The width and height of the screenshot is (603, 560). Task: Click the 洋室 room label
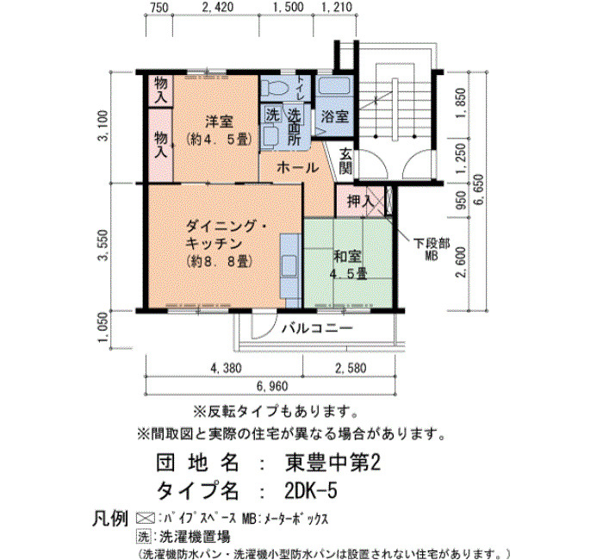click(219, 122)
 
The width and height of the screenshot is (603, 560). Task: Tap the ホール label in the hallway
click(298, 168)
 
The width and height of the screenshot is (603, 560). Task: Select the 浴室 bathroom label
click(334, 116)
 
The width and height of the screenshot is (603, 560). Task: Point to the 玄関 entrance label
click(345, 160)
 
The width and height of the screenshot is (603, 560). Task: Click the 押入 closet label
click(360, 201)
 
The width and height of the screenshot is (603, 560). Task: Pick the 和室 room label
click(347, 257)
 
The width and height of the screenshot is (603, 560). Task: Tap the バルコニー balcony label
click(317, 328)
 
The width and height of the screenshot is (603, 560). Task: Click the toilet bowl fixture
click(277, 88)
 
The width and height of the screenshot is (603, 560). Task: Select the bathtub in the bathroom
click(334, 87)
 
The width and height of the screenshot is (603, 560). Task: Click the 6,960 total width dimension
click(272, 386)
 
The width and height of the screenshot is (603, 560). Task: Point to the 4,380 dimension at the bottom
click(226, 368)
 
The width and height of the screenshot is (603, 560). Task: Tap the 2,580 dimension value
click(351, 368)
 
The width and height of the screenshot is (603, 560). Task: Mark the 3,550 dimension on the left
click(103, 246)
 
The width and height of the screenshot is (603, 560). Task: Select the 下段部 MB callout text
click(432, 249)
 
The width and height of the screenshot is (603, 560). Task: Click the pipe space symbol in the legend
click(146, 518)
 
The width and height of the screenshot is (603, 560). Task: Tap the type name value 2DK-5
click(311, 490)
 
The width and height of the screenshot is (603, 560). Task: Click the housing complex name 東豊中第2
click(333, 463)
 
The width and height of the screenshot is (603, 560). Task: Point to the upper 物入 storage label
click(161, 90)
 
